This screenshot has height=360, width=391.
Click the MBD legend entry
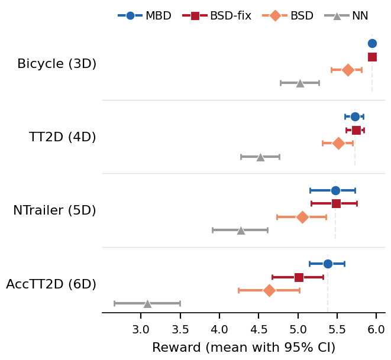pyautogui.click(x=144, y=16)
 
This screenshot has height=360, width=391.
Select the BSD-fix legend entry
pyautogui.click(x=221, y=16)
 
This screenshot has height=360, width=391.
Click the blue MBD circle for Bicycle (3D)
pyautogui.click(x=372, y=43)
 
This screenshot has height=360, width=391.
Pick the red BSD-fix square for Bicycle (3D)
pyautogui.click(x=372, y=57)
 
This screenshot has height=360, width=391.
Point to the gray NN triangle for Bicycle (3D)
pyautogui.click(x=300, y=83)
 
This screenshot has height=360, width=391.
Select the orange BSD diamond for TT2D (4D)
pyautogui.click(x=338, y=143)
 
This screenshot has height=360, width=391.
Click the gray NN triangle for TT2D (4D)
pyautogui.click(x=260, y=157)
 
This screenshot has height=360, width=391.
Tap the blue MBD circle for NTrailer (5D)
pyautogui.click(x=335, y=190)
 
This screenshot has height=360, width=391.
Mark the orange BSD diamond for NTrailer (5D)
pyautogui.click(x=302, y=217)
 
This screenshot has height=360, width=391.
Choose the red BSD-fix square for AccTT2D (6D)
pyautogui.click(x=299, y=277)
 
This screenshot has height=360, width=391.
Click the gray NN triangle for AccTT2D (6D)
pyautogui.click(x=147, y=303)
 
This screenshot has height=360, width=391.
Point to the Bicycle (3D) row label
pyautogui.click(x=57, y=64)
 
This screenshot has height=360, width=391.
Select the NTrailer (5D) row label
pyautogui.click(x=54, y=210)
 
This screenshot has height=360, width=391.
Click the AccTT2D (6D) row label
pyautogui.click(x=51, y=284)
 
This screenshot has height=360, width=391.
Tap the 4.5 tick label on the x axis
pyautogui.click(x=258, y=329)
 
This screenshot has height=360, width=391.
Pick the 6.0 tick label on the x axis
pyautogui.click(x=376, y=329)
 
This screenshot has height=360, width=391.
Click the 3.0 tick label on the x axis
pyautogui.click(x=141, y=329)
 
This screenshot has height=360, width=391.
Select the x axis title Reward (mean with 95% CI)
pyautogui.click(x=244, y=348)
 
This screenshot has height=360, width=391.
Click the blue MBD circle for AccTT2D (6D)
pyautogui.click(x=328, y=264)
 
